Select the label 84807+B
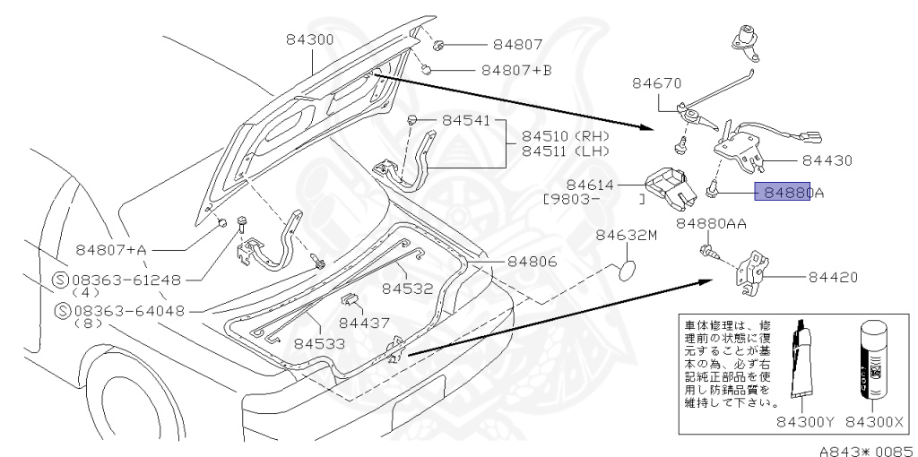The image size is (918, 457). coord(516,69)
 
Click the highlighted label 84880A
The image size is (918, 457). coord(782,191)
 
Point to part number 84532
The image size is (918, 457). coord(407,289)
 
